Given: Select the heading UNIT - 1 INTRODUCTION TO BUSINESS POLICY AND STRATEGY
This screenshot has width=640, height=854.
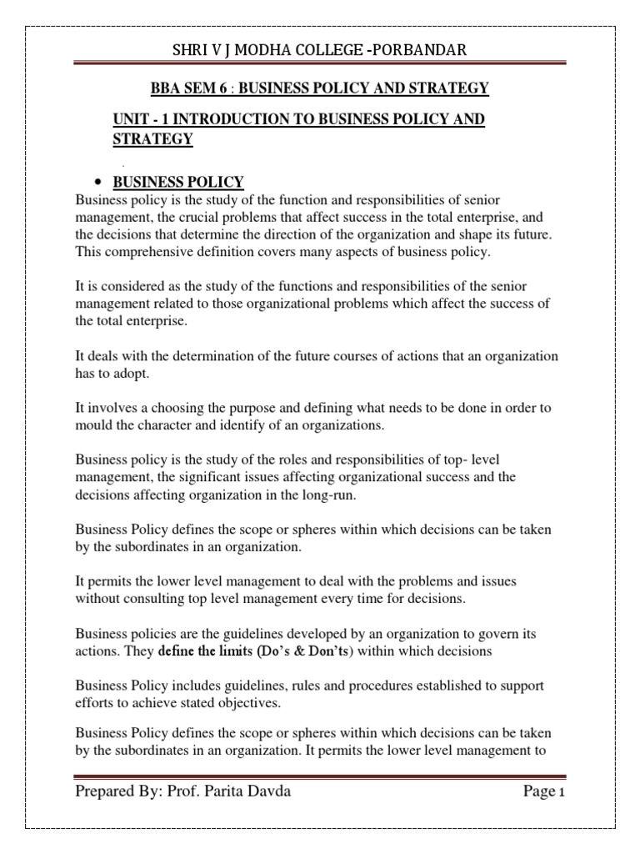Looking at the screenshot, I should pos(298,129).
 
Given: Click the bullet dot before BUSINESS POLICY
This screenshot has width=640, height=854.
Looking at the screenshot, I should pos(98,183).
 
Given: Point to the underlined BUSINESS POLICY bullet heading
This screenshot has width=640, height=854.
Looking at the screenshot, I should pos(178,183).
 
